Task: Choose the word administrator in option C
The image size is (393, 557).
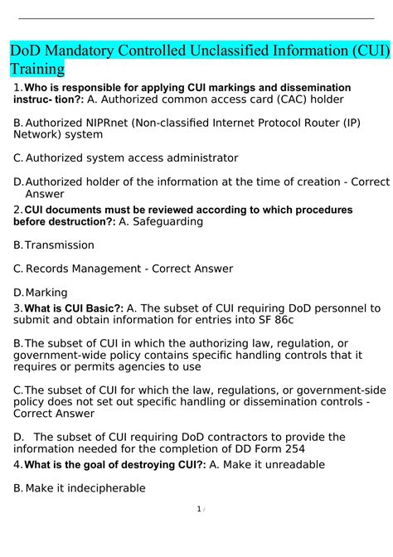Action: [199, 157]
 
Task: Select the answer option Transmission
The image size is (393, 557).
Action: [60, 245]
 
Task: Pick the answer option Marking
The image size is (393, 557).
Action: [46, 292]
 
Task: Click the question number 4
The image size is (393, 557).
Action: [17, 465]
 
